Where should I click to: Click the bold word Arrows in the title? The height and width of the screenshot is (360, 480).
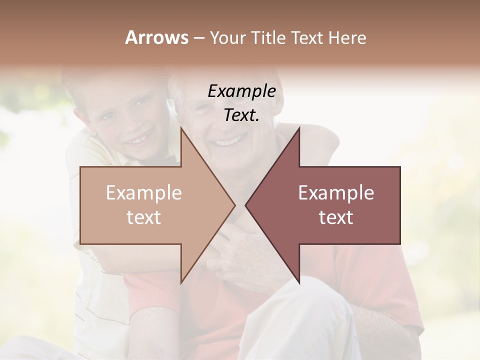pyautogui.click(x=156, y=37)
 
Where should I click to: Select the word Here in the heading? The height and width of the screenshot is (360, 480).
pyautogui.click(x=348, y=37)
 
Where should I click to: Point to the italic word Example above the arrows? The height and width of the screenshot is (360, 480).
pyautogui.click(x=242, y=91)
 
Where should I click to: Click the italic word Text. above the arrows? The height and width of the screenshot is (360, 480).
pyautogui.click(x=241, y=115)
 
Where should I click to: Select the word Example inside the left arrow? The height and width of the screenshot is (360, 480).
pyautogui.click(x=143, y=193)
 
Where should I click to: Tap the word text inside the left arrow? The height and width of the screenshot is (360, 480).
pyautogui.click(x=143, y=217)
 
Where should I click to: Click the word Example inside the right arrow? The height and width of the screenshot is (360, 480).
pyautogui.click(x=336, y=193)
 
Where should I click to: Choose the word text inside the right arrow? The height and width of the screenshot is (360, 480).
pyautogui.click(x=336, y=217)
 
